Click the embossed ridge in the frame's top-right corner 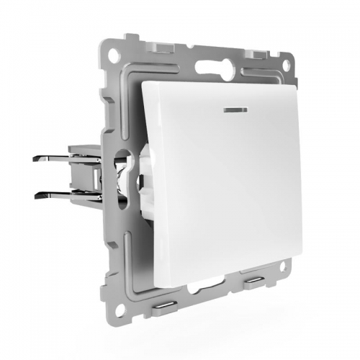point(276,79)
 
